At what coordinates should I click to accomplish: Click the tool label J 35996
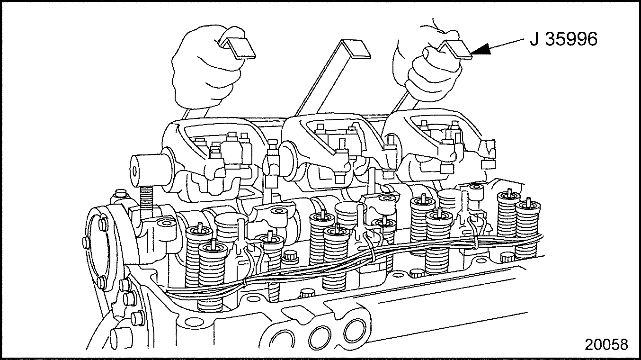pos(563,39)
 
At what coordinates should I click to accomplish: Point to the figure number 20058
pos(606,344)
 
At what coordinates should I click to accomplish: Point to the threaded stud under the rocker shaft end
pos(146,200)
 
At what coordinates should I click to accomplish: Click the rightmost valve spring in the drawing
pos(527,229)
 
